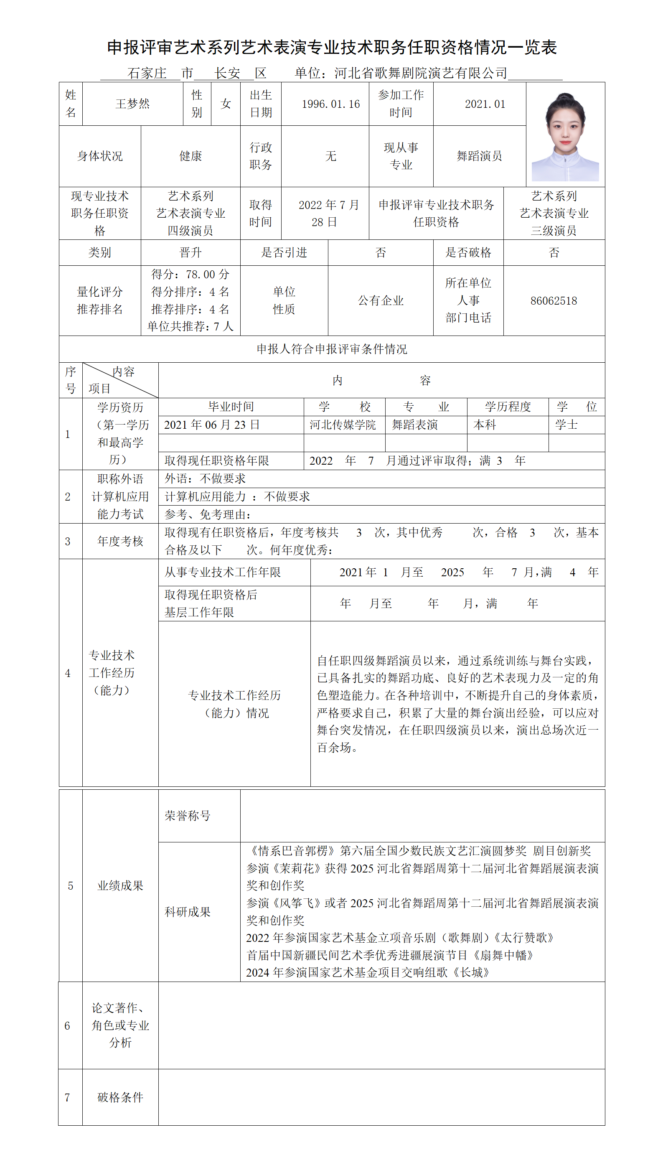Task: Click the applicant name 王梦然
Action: click(132, 104)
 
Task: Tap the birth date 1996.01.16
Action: click(330, 104)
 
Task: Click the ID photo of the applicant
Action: click(565, 137)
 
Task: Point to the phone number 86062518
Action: click(554, 300)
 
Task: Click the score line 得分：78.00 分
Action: click(191, 274)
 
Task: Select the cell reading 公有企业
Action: click(381, 300)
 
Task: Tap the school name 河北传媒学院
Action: click(343, 425)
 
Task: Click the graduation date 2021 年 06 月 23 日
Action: click(212, 425)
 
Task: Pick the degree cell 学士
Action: click(566, 425)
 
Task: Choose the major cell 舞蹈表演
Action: click(415, 425)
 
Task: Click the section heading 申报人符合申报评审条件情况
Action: click(332, 349)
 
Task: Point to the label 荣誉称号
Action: click(188, 816)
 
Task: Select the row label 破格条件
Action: click(120, 1097)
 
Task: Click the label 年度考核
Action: click(120, 541)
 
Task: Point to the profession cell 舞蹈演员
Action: click(480, 156)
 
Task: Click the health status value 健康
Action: click(191, 156)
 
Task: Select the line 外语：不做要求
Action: click(205, 478)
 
